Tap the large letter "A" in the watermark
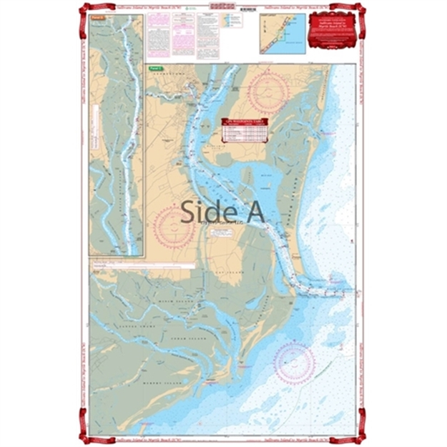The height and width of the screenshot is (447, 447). (x=252, y=212)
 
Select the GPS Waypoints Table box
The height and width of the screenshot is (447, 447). (x=247, y=129)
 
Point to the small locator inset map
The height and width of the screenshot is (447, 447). (x=283, y=32)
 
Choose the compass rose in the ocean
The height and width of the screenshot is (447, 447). (x=294, y=363)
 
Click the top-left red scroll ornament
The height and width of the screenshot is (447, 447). (x=87, y=9)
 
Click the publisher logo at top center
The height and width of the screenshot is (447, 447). (x=222, y=7)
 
